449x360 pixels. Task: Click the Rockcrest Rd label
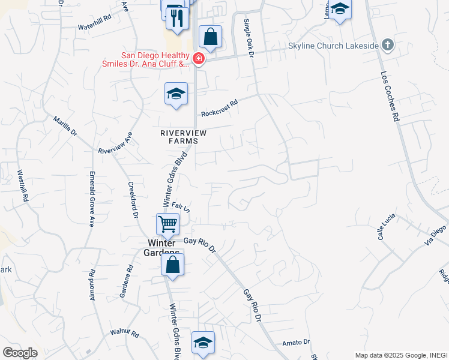tap(220, 107)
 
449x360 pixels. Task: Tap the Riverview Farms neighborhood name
tap(183, 137)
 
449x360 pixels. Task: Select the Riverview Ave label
tap(115, 143)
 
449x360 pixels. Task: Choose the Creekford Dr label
tap(134, 200)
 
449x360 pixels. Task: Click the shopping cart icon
tap(168, 224)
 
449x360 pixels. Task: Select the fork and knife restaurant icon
tap(177, 18)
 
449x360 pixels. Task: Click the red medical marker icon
tap(198, 59)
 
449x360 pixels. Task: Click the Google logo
tap(20, 352)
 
